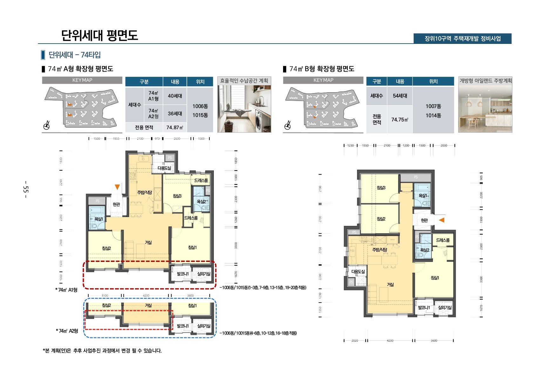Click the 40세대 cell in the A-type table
click(175, 96)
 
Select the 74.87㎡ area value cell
click(175, 128)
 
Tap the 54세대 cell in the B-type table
click(400, 96)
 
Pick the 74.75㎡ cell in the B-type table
click(400, 120)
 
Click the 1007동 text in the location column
click(433, 106)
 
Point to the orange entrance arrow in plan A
click(117, 187)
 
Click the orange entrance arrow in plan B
click(442, 220)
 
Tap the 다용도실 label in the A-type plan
click(164, 168)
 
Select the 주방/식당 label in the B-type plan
click(380, 250)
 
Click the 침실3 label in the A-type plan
click(177, 196)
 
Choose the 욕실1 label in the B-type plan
click(423, 196)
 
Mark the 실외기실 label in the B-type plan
click(444, 307)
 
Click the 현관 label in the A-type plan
click(116, 204)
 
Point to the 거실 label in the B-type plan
click(390, 284)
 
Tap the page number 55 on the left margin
click(26, 189)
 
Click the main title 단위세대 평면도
click(99, 35)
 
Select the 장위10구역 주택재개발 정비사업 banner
click(462, 39)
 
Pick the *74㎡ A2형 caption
click(67, 331)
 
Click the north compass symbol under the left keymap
click(47, 126)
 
